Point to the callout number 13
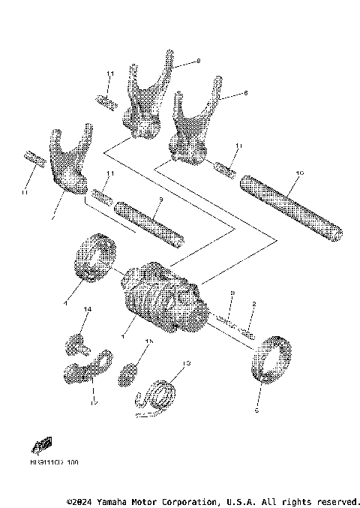pyautogui.click(x=187, y=363)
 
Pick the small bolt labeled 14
pyautogui.click(x=74, y=345)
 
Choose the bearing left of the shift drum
pyautogui.click(x=94, y=260)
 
